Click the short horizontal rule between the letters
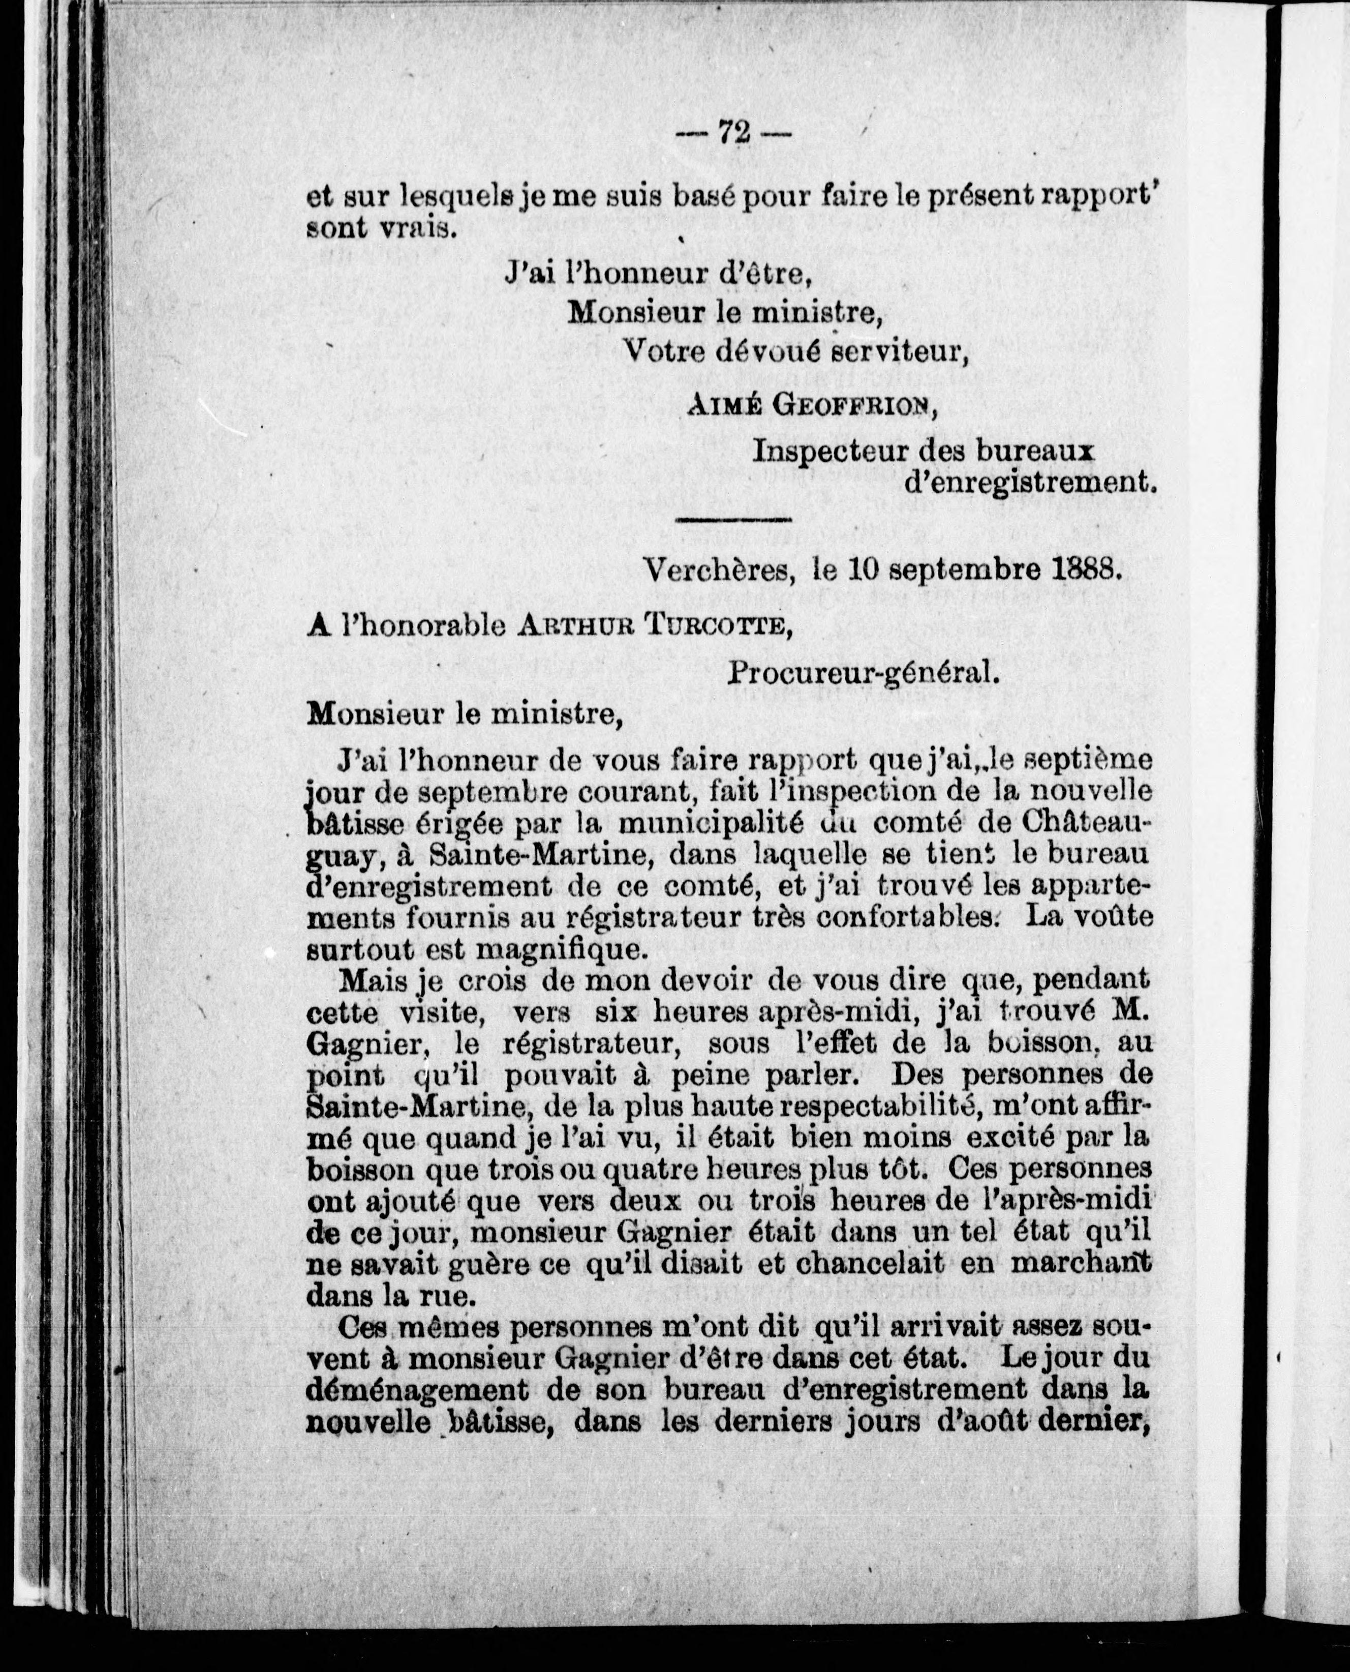click(x=733, y=519)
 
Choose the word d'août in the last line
click(x=963, y=1421)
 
